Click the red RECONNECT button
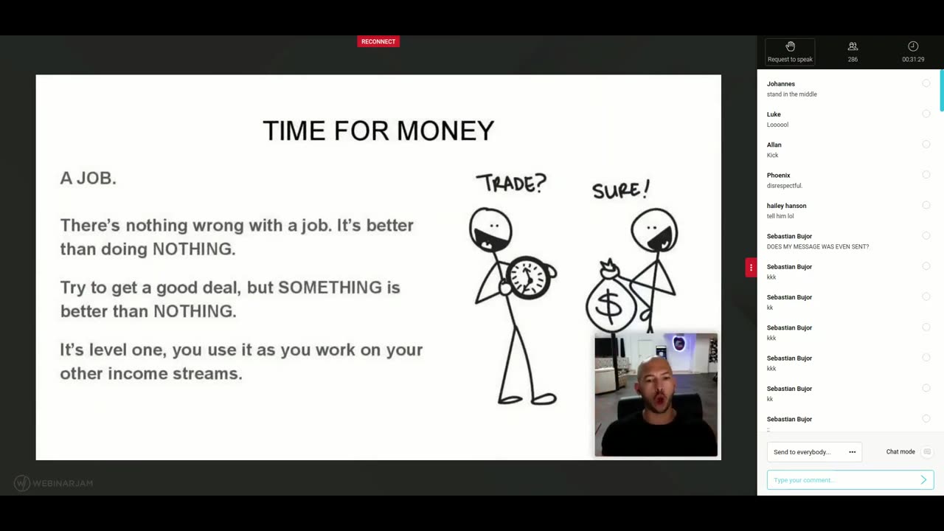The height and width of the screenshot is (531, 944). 378,41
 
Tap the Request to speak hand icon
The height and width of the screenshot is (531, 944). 790,46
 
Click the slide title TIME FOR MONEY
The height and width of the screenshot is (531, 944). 378,131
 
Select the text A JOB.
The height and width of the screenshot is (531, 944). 88,178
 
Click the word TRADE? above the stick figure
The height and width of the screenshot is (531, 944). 510,183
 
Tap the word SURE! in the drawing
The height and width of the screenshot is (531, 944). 620,190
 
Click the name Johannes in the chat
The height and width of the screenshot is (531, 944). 781,84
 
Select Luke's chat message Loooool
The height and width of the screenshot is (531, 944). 777,125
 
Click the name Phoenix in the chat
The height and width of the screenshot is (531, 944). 778,176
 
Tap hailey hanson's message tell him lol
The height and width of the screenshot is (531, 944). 780,216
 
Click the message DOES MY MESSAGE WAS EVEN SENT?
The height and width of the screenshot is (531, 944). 818,246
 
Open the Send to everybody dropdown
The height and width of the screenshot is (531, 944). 814,452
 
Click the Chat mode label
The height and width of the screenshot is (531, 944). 900,452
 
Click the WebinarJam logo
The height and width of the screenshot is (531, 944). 54,483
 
